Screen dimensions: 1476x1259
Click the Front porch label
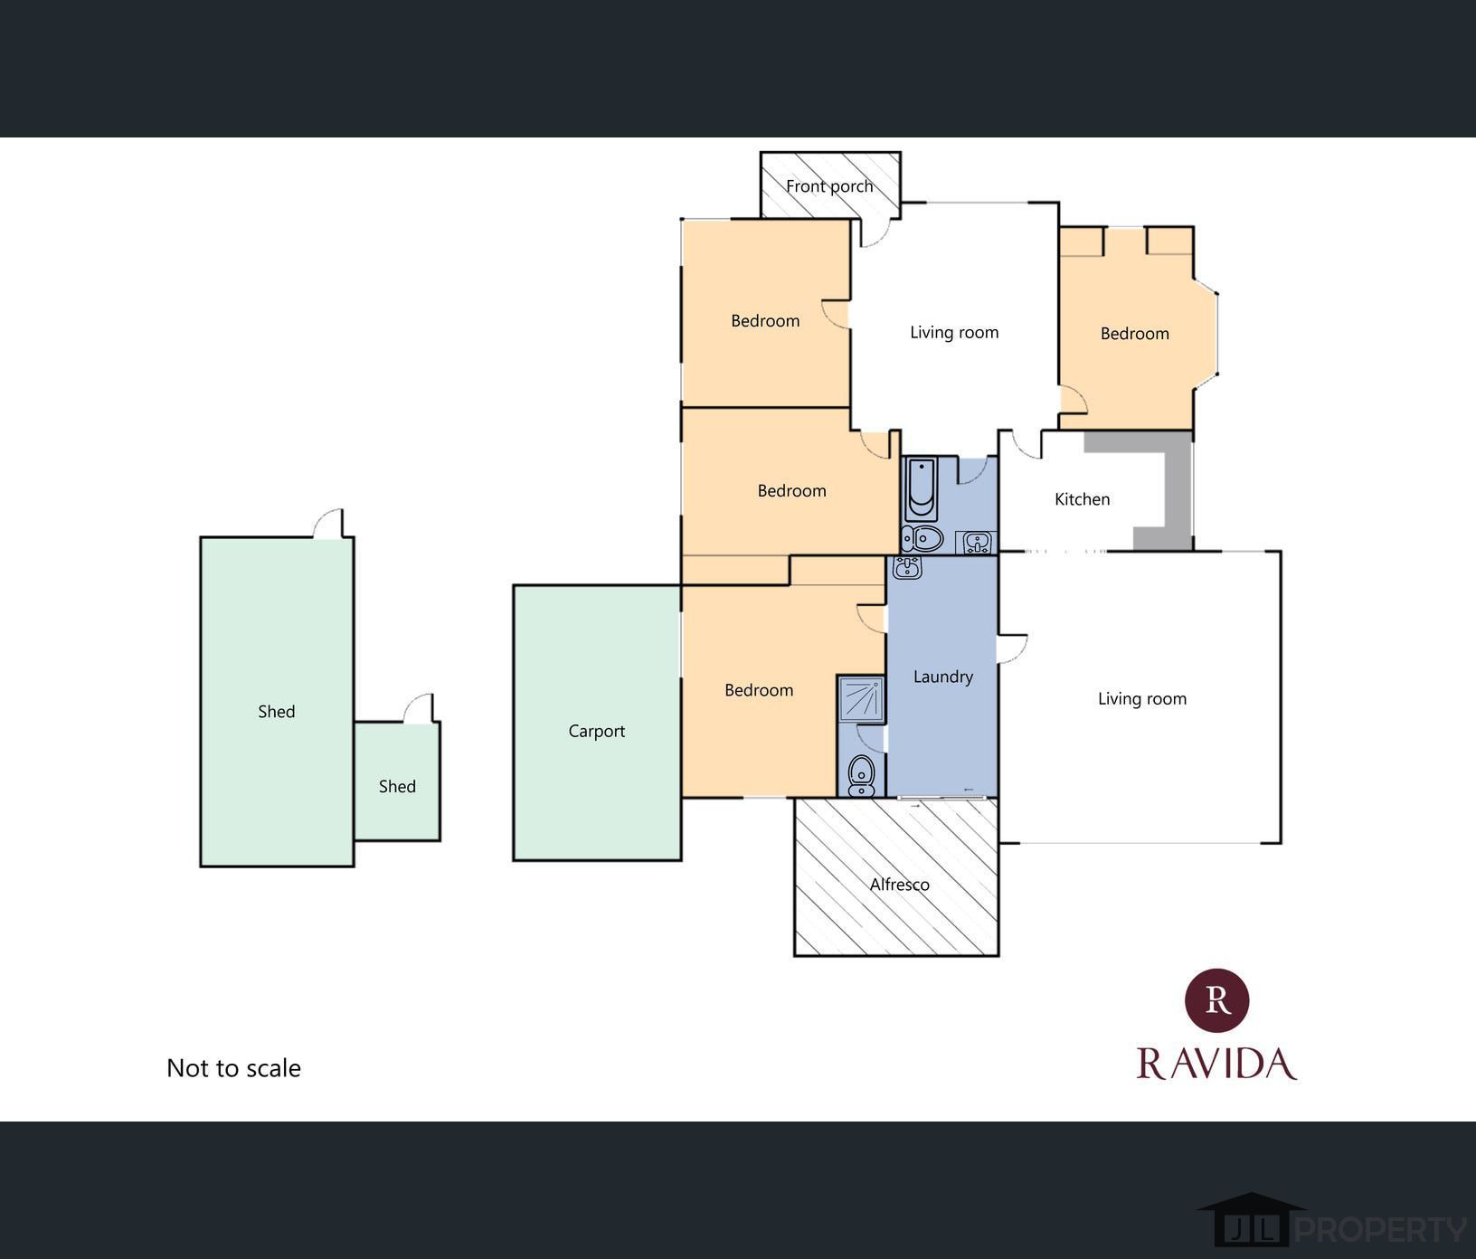[x=829, y=186]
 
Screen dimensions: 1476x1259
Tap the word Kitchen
[x=1082, y=499]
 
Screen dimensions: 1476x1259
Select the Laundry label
[x=942, y=677]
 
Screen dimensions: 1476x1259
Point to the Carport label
[x=596, y=731]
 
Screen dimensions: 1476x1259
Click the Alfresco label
[x=899, y=885]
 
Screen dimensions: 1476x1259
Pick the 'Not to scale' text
[x=233, y=1068]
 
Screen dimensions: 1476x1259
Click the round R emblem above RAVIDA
[x=1216, y=1000]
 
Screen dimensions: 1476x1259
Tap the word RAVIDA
[x=1216, y=1064]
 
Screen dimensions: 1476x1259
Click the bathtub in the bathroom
[x=921, y=488]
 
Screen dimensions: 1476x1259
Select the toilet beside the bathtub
[x=922, y=539]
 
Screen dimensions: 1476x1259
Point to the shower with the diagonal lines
[x=860, y=699]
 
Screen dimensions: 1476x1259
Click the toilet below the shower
[x=861, y=776]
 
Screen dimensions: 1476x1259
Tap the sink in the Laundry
[x=906, y=567]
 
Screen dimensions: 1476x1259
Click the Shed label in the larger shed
[x=276, y=712]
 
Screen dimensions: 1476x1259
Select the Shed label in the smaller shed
[x=397, y=787]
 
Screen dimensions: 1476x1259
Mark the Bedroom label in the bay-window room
[x=1134, y=334]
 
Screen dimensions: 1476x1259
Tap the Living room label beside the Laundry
[x=1141, y=699]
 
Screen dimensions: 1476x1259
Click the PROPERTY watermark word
[x=1380, y=1229]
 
